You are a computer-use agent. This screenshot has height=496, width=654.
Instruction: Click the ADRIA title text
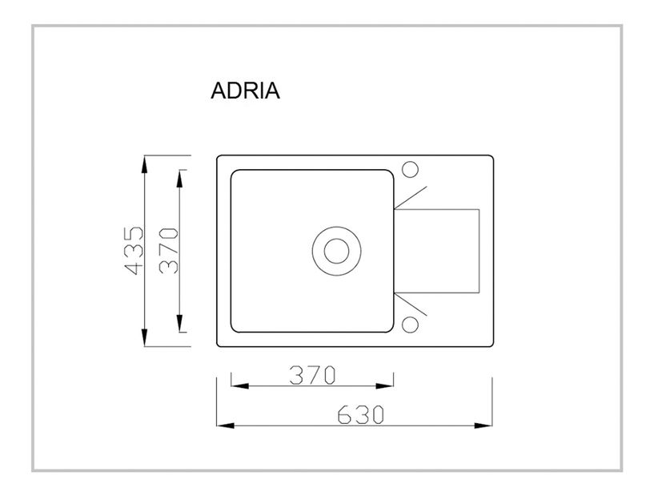(245, 91)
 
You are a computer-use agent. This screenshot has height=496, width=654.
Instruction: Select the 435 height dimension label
(134, 251)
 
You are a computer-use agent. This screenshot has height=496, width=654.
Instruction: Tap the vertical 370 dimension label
(169, 251)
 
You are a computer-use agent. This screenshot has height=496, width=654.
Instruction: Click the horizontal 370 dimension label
(312, 374)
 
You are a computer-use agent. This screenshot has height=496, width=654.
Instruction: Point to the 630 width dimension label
(360, 414)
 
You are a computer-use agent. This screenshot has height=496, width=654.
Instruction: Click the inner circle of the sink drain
(336, 251)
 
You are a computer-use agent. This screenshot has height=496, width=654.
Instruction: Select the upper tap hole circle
(410, 169)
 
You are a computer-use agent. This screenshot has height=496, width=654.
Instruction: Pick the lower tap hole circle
(410, 325)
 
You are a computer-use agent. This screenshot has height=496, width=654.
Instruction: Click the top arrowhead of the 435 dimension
(144, 163)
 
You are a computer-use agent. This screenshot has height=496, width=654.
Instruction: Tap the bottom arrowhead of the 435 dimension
(144, 337)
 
